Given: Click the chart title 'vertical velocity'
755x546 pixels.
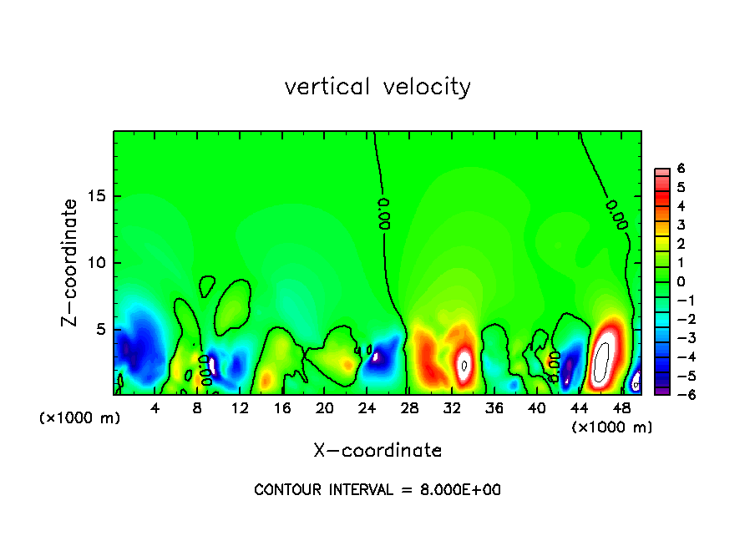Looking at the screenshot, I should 377,87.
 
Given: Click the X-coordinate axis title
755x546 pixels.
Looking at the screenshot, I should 377,451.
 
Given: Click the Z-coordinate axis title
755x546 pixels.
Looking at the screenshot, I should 70,262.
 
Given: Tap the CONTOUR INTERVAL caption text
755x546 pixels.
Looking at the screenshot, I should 377,490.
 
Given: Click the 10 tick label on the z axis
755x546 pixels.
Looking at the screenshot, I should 95,263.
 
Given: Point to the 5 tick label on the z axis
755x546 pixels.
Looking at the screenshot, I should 99,330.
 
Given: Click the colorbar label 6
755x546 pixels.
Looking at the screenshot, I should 681,169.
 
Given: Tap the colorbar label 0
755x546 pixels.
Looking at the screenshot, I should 681,281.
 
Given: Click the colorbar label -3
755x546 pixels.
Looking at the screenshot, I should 678,338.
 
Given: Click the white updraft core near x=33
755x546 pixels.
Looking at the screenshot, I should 464,364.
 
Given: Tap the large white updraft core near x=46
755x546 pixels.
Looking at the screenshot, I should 601,361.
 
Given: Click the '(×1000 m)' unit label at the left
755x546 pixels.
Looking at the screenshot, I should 79,418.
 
